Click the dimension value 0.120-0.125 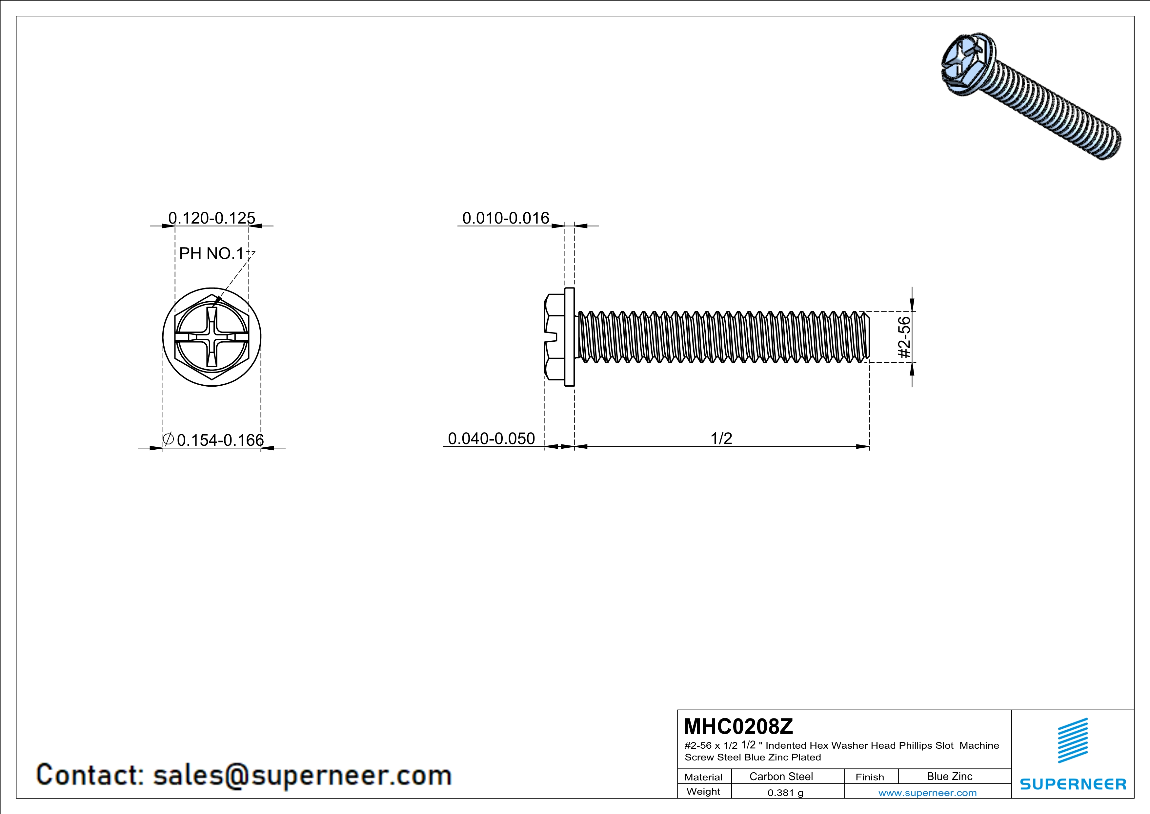point(212,218)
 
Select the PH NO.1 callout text point(212,254)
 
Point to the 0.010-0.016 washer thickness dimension point(506,218)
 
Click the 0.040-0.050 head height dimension point(491,439)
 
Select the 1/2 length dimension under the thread point(721,439)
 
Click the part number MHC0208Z point(738,726)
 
